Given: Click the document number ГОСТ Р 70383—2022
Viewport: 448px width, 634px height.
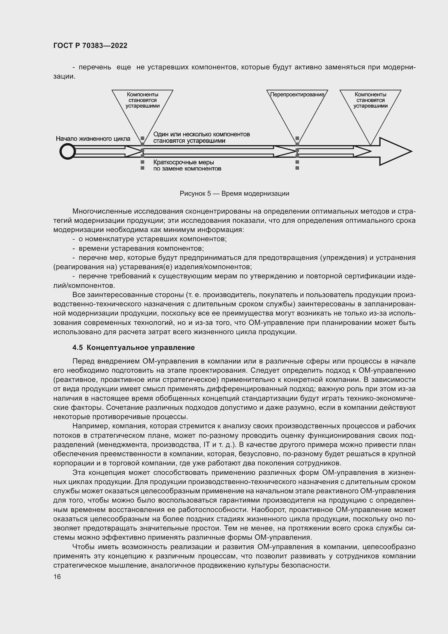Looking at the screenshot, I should click(90, 46).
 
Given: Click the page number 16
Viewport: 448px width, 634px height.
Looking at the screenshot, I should click(57, 577).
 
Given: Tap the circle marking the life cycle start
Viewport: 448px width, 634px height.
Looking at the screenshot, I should click(68, 151).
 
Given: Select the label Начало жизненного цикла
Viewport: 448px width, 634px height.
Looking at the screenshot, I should click(93, 139).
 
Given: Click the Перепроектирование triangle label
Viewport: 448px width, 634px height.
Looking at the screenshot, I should click(297, 95).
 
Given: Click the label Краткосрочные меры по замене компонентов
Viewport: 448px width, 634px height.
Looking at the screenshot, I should click(187, 165).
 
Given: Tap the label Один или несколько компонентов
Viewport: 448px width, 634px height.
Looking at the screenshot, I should click(201, 134).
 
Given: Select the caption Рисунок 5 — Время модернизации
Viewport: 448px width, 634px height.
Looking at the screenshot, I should click(234, 194).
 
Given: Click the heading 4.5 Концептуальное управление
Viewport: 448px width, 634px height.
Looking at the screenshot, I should click(134, 348).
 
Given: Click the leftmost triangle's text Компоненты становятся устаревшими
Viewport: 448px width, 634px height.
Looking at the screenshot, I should click(142, 100).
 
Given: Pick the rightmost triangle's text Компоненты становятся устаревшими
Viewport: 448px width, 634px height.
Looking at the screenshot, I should click(370, 100).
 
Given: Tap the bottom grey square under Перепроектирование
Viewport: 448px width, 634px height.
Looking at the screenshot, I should click(297, 168).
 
